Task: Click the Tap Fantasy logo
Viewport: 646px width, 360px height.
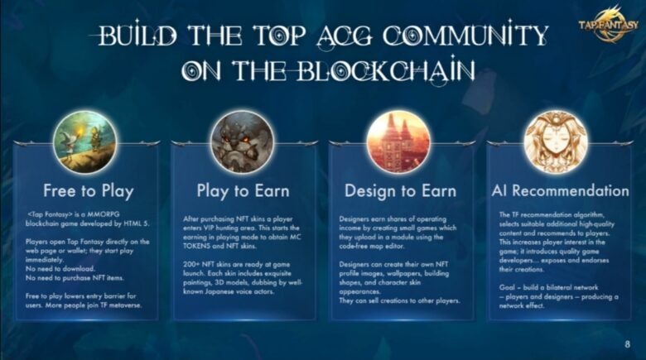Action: pyautogui.click(x=608, y=24)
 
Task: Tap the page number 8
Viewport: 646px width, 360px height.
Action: pyautogui.click(x=627, y=344)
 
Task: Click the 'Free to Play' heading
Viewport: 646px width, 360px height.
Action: pyautogui.click(x=89, y=191)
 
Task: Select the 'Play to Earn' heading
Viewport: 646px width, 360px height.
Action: pyautogui.click(x=243, y=191)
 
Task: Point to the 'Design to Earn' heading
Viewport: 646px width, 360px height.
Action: pyautogui.click(x=401, y=191)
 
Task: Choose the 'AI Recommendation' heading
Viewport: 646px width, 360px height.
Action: pyautogui.click(x=561, y=190)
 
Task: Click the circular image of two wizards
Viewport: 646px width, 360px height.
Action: pyautogui.click(x=84, y=142)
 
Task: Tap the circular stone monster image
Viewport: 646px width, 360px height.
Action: pyautogui.click(x=242, y=142)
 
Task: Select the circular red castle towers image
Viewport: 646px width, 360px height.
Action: pyautogui.click(x=398, y=142)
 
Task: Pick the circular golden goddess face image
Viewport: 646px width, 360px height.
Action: pyautogui.click(x=556, y=142)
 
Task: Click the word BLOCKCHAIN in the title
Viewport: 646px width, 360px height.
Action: pyautogui.click(x=385, y=70)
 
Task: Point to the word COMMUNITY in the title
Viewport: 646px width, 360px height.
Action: pyautogui.click(x=465, y=35)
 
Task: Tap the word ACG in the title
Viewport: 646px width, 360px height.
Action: pyautogui.click(x=345, y=36)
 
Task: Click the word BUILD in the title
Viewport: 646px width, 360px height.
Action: pyautogui.click(x=138, y=35)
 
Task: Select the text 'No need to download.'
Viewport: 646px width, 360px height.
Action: pyautogui.click(x=60, y=269)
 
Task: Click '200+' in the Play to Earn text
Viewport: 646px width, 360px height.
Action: pyautogui.click(x=191, y=264)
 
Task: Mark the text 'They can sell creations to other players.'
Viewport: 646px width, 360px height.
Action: pyautogui.click(x=399, y=300)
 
